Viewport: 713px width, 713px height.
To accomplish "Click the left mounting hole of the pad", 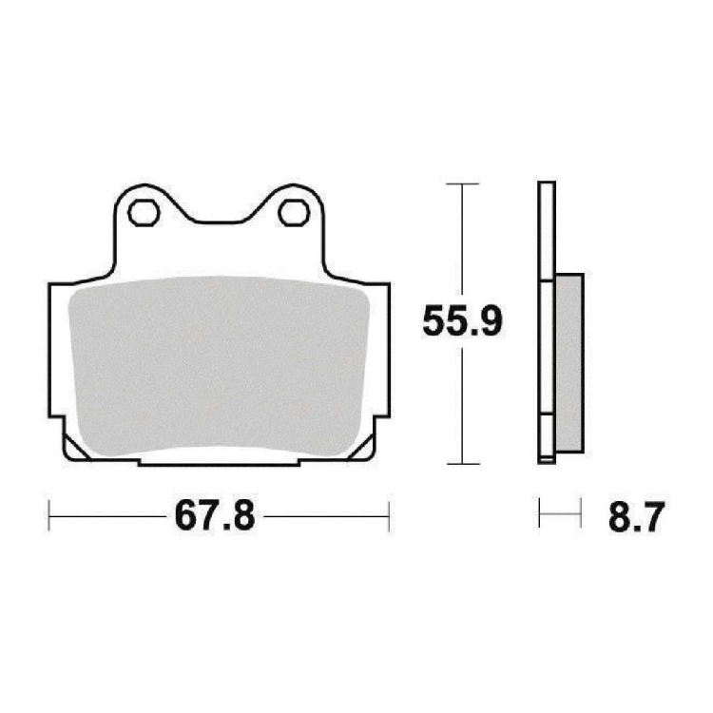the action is point(144,213).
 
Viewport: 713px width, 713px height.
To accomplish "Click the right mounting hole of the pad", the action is point(294,213).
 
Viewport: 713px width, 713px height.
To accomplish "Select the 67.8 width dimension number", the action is point(215,516).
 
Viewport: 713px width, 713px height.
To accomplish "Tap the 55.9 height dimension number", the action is point(462,321).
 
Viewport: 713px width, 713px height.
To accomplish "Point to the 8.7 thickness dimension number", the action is point(637,516).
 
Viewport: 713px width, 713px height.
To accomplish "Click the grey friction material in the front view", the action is point(219,366).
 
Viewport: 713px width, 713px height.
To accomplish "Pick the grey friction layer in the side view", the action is point(569,363).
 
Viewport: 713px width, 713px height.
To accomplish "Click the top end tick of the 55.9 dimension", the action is point(462,183).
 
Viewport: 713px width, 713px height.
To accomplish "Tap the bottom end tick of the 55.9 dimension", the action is point(462,464).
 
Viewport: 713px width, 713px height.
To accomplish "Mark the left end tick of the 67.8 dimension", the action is point(48,516).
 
